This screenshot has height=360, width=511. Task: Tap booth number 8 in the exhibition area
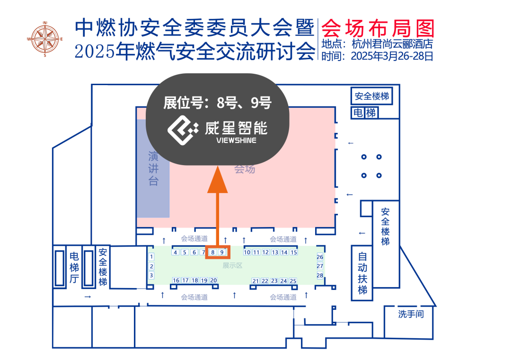click(x=213, y=253)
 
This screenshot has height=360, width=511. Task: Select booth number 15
click(x=293, y=253)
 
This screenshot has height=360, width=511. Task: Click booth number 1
click(x=151, y=257)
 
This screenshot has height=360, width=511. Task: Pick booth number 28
click(x=320, y=275)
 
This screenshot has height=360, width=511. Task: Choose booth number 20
click(x=213, y=281)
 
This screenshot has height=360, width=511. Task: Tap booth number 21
click(x=255, y=281)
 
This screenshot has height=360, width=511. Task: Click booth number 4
click(x=176, y=253)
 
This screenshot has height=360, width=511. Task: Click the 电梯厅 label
click(x=74, y=268)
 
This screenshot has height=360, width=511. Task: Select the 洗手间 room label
click(x=410, y=314)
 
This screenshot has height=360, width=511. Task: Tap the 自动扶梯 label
click(x=362, y=273)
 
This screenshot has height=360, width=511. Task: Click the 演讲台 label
click(x=153, y=168)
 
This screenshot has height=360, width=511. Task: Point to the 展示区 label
click(x=232, y=266)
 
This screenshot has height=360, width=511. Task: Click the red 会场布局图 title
click(x=377, y=28)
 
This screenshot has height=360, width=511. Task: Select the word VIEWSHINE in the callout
click(x=236, y=140)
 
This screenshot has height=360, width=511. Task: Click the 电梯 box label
click(x=364, y=113)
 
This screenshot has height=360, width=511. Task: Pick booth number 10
click(x=247, y=253)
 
